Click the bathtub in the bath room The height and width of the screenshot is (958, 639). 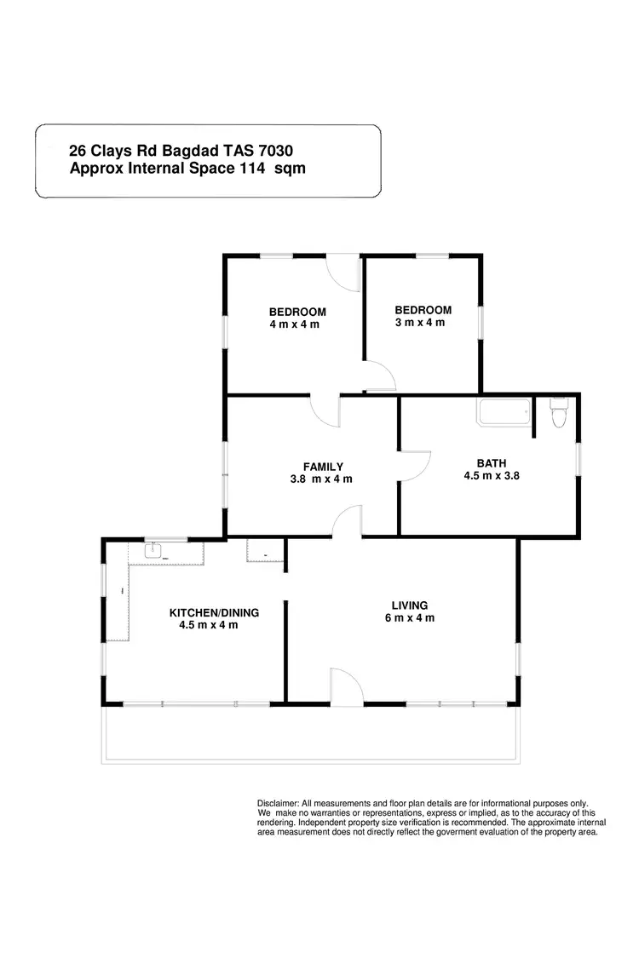click(x=504, y=413)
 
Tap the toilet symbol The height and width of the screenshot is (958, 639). click(x=559, y=414)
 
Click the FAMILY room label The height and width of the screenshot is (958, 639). click(x=323, y=467)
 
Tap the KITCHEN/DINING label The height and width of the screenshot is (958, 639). click(x=214, y=612)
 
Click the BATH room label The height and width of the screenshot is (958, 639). click(x=492, y=463)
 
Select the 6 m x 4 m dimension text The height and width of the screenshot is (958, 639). click(x=409, y=618)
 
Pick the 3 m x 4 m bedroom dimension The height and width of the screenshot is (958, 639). click(x=419, y=323)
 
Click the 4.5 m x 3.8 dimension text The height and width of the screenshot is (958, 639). click(x=492, y=476)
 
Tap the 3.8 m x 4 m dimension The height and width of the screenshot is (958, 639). click(x=321, y=479)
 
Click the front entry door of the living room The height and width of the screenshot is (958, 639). click(x=346, y=686)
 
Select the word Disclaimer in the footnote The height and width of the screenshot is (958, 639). click(x=278, y=803)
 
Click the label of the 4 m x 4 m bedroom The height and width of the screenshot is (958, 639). click(x=297, y=312)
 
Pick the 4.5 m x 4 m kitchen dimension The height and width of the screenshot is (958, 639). click(x=209, y=625)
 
